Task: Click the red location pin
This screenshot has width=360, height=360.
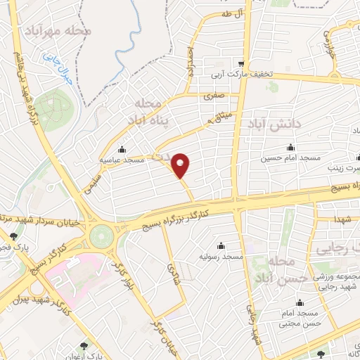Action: coord(181,166)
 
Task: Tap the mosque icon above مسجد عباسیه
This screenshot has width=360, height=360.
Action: coord(123,149)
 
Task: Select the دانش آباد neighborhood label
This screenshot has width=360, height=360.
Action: coord(274,124)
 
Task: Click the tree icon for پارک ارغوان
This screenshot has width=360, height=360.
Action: coord(84,345)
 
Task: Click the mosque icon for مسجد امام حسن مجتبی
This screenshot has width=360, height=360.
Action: coord(301,302)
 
